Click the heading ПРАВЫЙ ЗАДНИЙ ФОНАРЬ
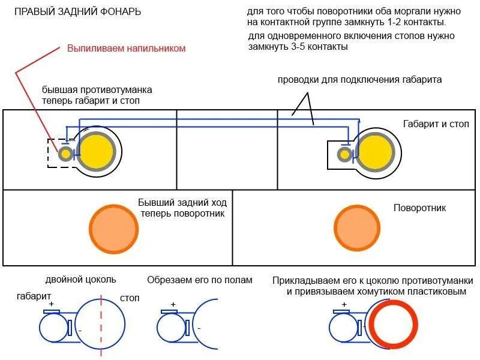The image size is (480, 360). (77, 12)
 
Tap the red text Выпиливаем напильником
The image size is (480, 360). (127, 48)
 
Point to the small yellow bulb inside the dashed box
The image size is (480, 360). (65, 154)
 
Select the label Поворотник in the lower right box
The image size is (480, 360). (419, 208)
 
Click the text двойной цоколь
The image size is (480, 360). (80, 280)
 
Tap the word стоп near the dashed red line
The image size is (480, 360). (130, 298)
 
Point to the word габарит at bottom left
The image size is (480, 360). (34, 296)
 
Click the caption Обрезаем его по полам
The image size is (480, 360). (200, 280)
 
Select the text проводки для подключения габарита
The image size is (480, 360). (359, 80)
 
